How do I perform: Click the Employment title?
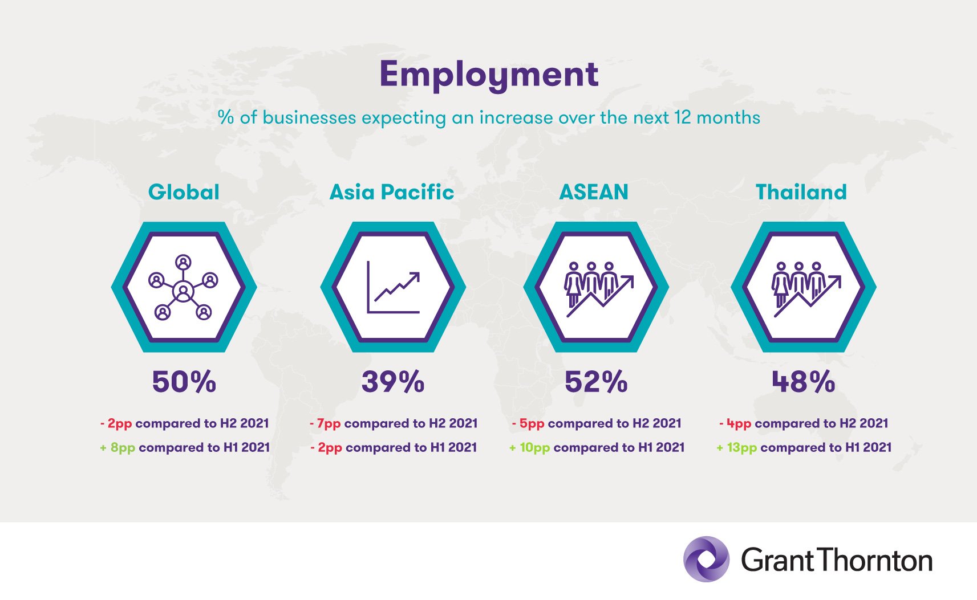coord(489,75)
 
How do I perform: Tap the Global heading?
coord(184,192)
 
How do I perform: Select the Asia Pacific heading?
coord(392,192)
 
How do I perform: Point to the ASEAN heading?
coord(594,192)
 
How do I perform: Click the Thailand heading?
coord(801,192)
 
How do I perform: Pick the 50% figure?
coord(184,382)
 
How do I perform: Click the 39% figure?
coord(393,382)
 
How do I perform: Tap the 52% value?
coord(596,382)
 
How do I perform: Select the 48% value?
coord(804,382)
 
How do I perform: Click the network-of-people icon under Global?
coord(183,288)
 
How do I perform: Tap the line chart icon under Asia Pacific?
coord(394,287)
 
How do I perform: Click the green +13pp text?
coord(737,448)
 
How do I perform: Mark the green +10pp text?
coord(529,448)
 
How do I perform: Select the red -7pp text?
coord(325,424)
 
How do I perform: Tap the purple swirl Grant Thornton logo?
coord(706,559)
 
